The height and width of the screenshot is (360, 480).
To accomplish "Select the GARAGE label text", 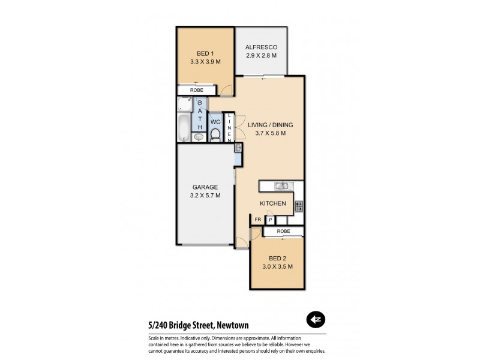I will click(205, 187).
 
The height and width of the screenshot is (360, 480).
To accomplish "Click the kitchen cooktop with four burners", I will click(299, 206).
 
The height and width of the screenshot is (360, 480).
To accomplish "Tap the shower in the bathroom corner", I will click(184, 104).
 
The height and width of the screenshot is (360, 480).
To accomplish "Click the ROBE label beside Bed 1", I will click(196, 90).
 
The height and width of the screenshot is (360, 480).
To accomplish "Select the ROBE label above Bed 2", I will click(284, 231).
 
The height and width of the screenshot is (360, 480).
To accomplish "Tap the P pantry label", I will click(269, 220).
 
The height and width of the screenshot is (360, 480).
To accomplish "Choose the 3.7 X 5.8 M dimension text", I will click(271, 133).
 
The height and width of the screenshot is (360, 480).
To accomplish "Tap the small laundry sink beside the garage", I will click(238, 147).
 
